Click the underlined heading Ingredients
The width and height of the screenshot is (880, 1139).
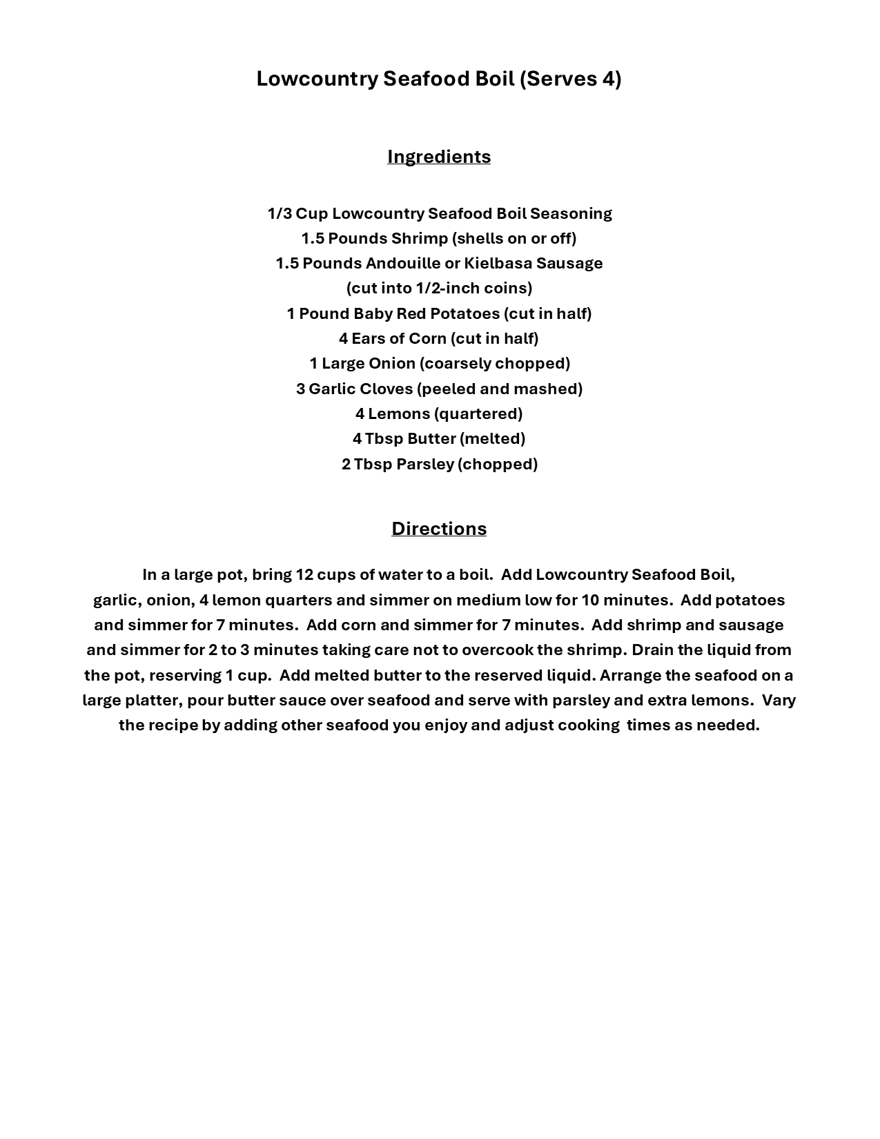click(x=439, y=157)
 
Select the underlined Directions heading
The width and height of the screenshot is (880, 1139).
click(x=439, y=529)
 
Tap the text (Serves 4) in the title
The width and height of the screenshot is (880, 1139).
click(x=570, y=79)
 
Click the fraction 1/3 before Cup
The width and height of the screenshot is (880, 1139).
click(x=280, y=213)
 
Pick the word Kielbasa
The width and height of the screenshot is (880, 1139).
click(x=498, y=263)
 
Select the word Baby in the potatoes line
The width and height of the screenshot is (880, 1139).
click(x=369, y=313)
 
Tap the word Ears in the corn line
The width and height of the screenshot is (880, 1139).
click(x=366, y=338)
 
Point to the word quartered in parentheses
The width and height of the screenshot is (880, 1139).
click(x=478, y=413)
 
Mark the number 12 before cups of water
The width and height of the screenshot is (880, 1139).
click(x=304, y=574)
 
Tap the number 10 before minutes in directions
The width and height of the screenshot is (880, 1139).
click(x=591, y=600)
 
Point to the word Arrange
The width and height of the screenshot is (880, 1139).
click(x=630, y=675)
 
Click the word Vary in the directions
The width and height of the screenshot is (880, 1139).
click(x=779, y=700)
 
